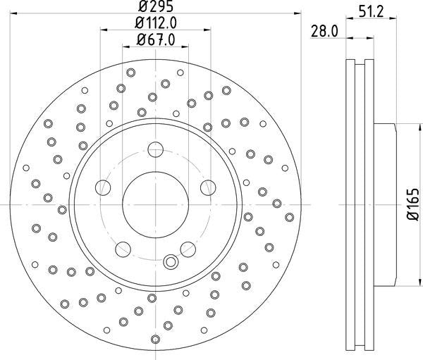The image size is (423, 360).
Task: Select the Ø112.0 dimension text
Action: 156,23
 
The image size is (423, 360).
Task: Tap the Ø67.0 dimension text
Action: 156,40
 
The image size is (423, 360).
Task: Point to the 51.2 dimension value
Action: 372,12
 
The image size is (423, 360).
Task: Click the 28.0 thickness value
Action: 324,31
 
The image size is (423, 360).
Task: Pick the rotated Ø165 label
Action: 412,204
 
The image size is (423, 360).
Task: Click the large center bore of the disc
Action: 155,205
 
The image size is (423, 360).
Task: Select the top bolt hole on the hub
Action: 156,149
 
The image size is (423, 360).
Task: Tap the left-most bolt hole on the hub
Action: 103,187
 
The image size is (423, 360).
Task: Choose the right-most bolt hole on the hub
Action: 208,187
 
